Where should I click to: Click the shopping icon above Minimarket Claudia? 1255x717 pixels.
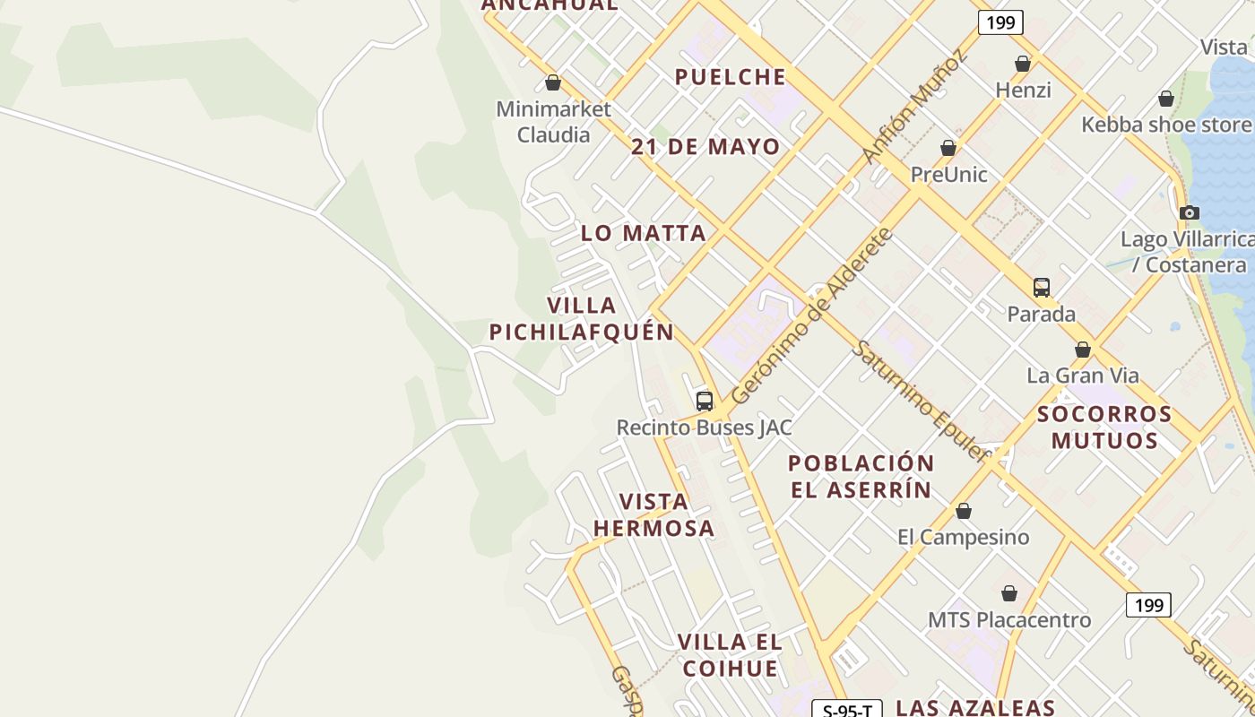[553, 82]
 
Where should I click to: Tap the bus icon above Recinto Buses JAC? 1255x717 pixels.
[705, 401]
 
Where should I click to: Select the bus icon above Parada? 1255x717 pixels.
[1042, 287]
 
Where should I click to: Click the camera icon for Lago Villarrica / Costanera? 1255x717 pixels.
[1190, 212]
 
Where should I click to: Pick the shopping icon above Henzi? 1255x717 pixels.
[1023, 64]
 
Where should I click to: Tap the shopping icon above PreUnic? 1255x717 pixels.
[948, 148]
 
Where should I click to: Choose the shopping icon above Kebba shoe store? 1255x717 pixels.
[1166, 99]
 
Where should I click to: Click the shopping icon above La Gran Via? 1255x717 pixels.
[1083, 350]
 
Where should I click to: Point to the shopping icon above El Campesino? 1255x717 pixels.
[964, 511]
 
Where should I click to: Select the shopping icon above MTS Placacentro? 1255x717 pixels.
[1009, 593]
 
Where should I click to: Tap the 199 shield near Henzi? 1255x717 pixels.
[1000, 22]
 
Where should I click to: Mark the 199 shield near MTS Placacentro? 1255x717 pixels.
[1148, 605]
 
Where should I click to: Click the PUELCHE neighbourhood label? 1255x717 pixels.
[731, 77]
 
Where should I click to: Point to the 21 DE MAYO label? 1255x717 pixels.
[705, 147]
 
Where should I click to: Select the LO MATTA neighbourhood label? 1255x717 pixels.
[644, 233]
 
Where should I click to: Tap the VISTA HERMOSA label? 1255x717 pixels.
[654, 514]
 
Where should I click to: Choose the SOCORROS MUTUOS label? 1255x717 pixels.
[1104, 427]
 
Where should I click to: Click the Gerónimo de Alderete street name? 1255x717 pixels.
[812, 315]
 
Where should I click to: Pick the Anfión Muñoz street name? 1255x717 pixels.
[915, 107]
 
